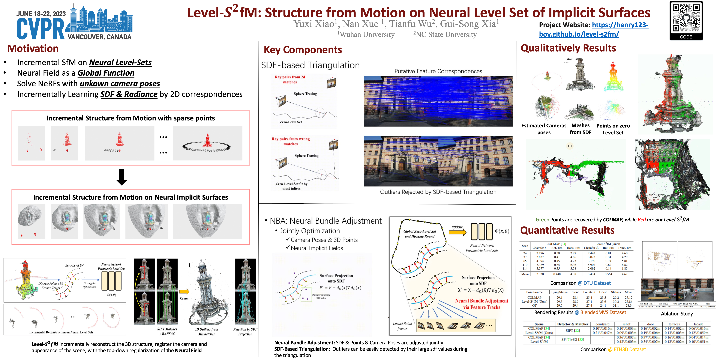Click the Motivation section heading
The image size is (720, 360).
33,49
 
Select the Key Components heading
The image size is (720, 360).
303,50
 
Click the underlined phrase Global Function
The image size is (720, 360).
106,73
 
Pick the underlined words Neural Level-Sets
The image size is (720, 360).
120,62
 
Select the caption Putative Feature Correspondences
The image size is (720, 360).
438,71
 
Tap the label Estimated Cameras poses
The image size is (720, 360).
544,129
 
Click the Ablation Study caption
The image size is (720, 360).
677,314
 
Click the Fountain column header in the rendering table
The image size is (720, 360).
589,292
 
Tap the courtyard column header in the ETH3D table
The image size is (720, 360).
602,324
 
